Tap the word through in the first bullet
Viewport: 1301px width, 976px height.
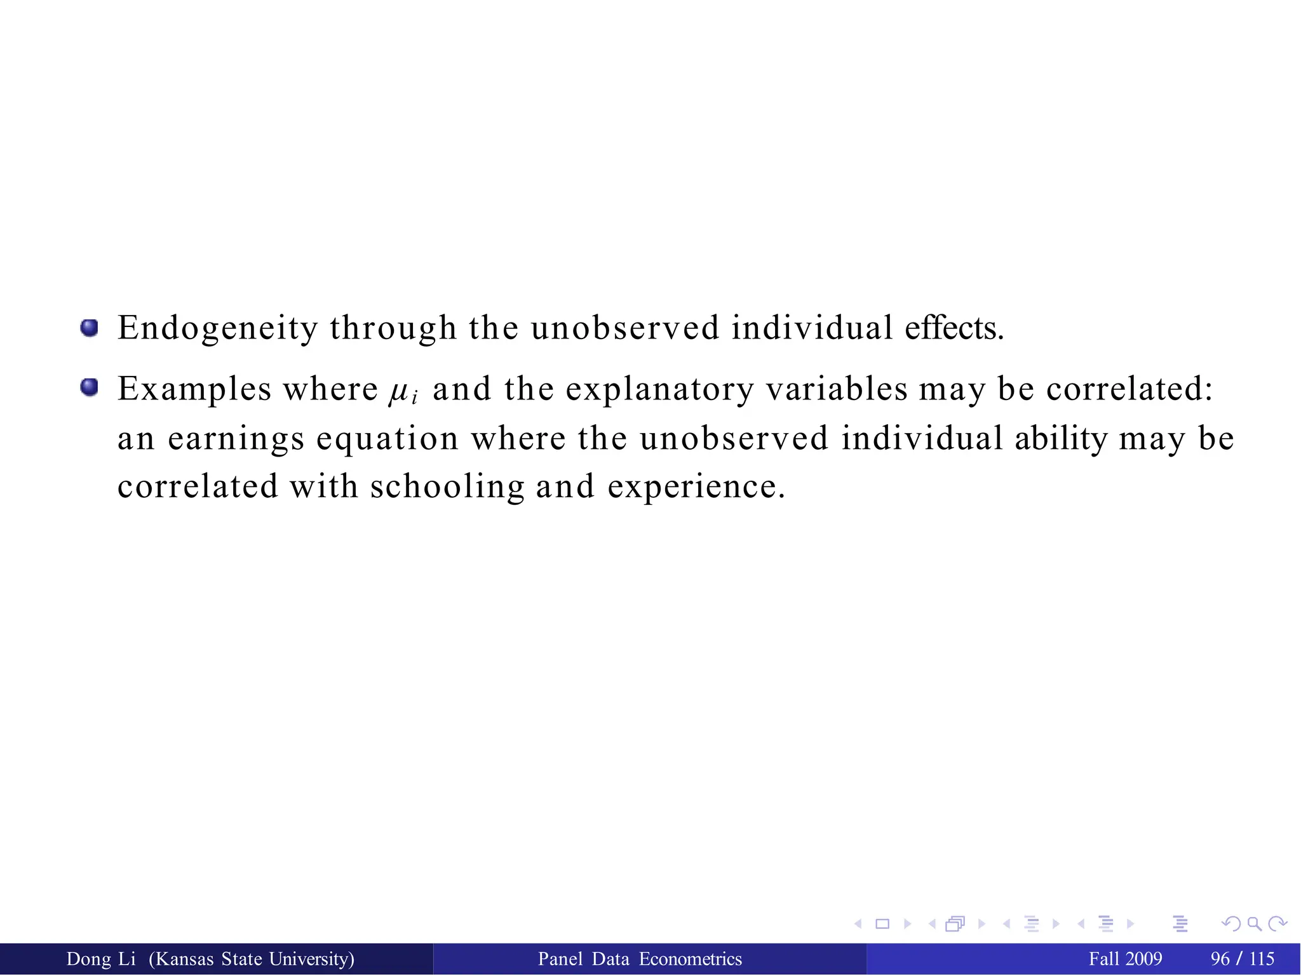tap(393, 328)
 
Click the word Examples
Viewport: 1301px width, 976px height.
tap(194, 389)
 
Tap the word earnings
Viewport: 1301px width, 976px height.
tap(236, 438)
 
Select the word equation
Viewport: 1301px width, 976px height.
tap(388, 438)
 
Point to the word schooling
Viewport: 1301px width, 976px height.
tap(447, 486)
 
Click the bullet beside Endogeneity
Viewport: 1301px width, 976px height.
tap(90, 328)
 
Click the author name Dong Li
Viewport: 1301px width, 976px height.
tap(101, 959)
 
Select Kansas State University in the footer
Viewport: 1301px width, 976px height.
tap(252, 959)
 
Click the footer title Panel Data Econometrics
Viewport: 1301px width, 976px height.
tap(640, 959)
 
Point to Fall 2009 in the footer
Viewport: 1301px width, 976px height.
tap(1125, 959)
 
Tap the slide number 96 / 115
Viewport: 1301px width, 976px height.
tap(1242, 959)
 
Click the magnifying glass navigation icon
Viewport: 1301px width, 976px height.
tap(1253, 924)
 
